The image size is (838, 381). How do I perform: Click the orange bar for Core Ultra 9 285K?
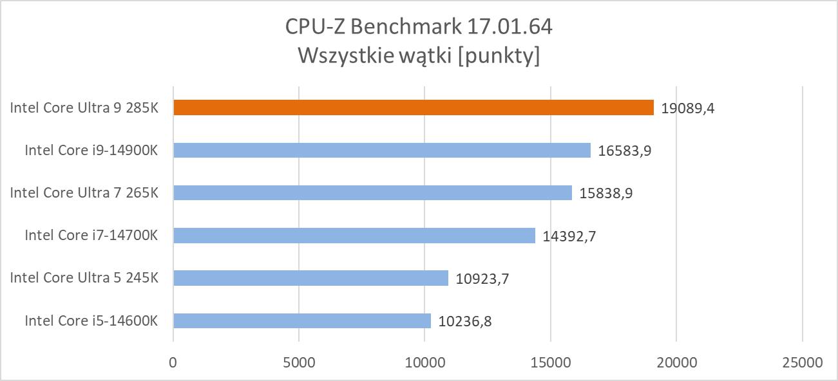tap(414, 107)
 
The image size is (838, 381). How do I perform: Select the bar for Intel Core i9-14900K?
tap(382, 150)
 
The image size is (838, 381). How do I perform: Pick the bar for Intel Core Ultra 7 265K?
tap(372, 192)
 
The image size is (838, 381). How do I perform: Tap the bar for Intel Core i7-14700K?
tap(354, 236)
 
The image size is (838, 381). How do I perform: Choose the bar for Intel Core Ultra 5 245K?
tap(310, 278)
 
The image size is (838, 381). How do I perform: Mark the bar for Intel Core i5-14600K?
tap(302, 321)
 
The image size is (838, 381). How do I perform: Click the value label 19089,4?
tap(688, 108)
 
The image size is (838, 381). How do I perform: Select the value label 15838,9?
tap(606, 193)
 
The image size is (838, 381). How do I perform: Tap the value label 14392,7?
tap(569, 236)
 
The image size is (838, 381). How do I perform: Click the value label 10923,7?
tap(482, 279)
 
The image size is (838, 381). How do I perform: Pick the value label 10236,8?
tap(465, 321)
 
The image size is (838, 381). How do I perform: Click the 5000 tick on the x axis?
tap(299, 362)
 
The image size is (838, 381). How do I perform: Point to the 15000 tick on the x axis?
tap(551, 362)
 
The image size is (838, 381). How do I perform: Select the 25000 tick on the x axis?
tap(802, 362)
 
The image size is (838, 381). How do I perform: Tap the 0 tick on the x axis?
tap(173, 362)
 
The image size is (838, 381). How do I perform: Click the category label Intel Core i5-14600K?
tap(91, 321)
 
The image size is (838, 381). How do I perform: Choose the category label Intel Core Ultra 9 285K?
tap(84, 108)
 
